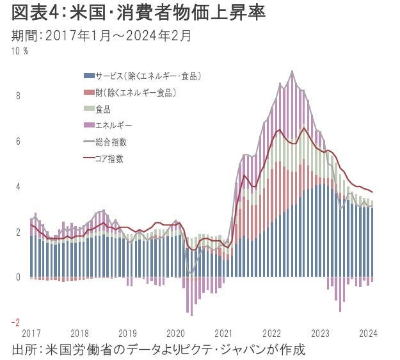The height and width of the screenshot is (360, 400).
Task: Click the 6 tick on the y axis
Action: [18, 142]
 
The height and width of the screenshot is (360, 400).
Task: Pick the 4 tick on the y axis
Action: [18, 187]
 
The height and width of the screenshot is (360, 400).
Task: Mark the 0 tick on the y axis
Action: [18, 277]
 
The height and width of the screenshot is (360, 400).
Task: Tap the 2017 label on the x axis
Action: [30, 333]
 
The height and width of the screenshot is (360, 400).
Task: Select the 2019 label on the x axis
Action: [127, 333]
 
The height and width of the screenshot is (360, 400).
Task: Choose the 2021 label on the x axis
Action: [223, 333]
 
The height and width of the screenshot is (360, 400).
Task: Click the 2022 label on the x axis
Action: [271, 333]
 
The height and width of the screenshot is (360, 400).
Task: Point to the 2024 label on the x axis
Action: [367, 333]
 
